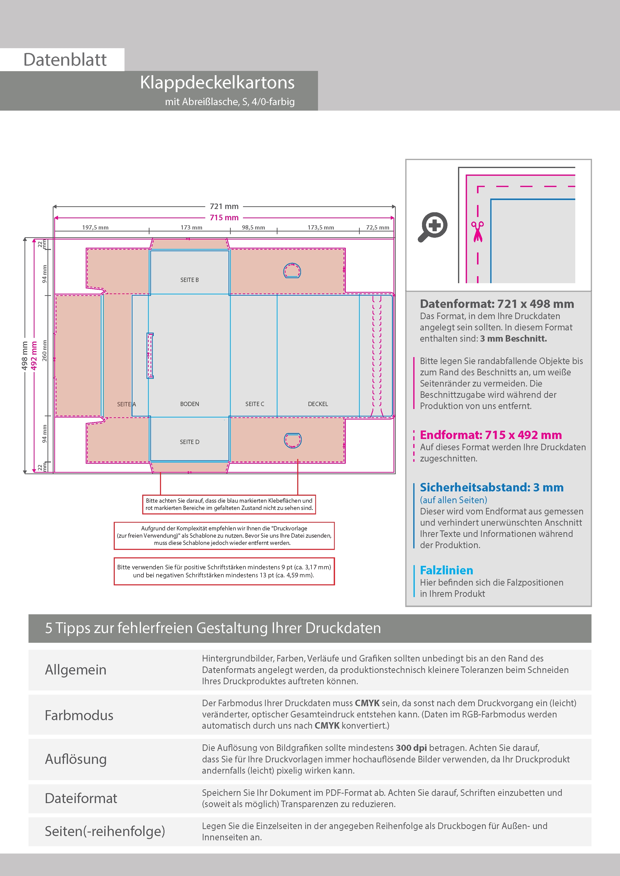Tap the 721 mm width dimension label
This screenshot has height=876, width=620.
click(x=224, y=207)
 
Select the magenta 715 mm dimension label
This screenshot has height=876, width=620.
click(x=224, y=218)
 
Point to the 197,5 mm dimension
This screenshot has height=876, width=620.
click(x=95, y=227)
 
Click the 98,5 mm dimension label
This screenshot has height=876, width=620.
click(x=253, y=227)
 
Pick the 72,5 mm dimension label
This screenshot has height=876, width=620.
click(x=377, y=227)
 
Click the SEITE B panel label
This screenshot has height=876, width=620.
click(x=189, y=280)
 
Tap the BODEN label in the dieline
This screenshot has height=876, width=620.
click(x=189, y=404)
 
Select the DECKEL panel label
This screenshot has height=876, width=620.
click(x=318, y=404)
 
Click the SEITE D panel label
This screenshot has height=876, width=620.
click(x=189, y=442)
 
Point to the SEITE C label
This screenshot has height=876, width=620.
click(x=255, y=404)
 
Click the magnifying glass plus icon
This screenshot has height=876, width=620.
click(x=433, y=227)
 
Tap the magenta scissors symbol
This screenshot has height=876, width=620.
click(x=477, y=231)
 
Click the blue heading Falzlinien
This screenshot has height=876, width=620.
click(x=446, y=570)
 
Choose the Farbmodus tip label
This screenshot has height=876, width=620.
click(x=79, y=715)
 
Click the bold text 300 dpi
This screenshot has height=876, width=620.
click(x=411, y=748)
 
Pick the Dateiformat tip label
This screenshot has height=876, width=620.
click(x=81, y=798)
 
